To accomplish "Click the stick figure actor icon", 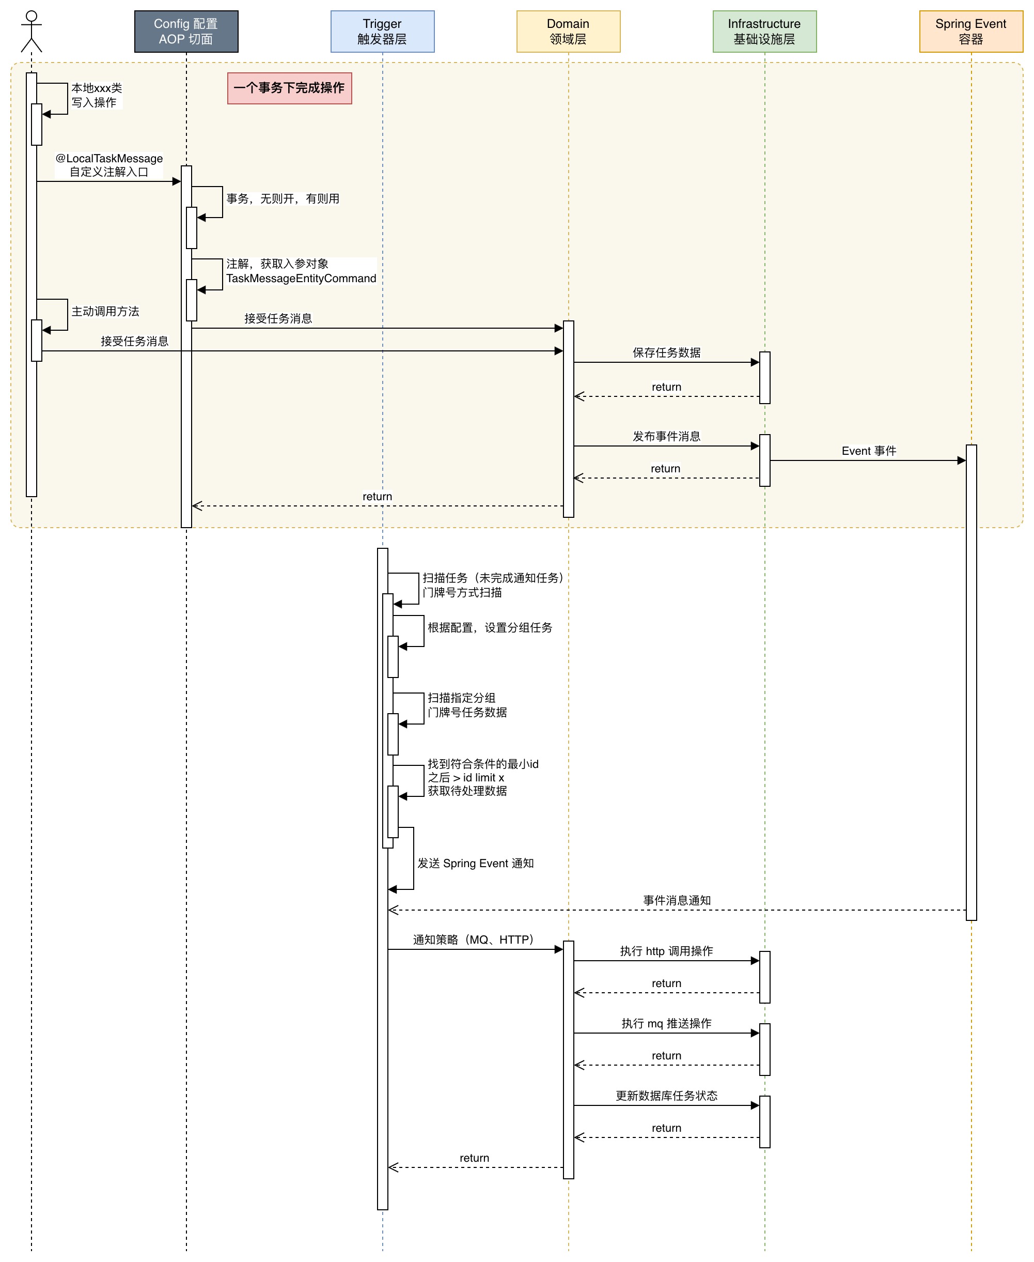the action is [32, 32].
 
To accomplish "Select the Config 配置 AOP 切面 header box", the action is [186, 32].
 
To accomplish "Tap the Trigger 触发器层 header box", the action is [382, 32].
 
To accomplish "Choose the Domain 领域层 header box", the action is [568, 32].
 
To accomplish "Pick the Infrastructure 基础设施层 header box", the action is [765, 32].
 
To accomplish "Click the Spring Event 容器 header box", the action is [971, 32].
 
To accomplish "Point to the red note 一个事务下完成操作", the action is [289, 88].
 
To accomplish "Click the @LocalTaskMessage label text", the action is [109, 159].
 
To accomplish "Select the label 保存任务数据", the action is [666, 353].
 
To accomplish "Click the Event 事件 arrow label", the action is [869, 451].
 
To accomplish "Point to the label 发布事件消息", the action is [666, 436].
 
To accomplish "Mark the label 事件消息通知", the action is [677, 900].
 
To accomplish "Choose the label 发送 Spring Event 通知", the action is [475, 864].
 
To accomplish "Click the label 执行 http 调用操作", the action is [666, 951].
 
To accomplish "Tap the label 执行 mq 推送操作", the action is [666, 1023].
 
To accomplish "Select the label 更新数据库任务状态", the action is [666, 1096].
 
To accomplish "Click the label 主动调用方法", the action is [105, 312].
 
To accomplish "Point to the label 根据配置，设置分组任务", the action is [490, 627].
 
